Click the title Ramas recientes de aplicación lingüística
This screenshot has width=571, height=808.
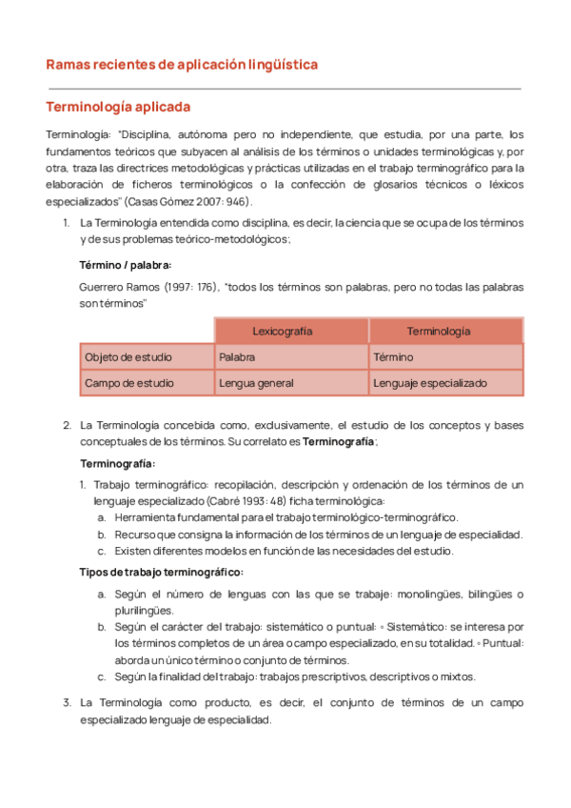pyautogui.click(x=182, y=65)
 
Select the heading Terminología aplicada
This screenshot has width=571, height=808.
pyautogui.click(x=118, y=107)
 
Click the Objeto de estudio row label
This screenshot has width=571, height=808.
pyautogui.click(x=128, y=357)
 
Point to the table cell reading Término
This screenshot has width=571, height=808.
pyautogui.click(x=393, y=357)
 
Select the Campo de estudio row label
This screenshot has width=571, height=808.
pyautogui.click(x=128, y=383)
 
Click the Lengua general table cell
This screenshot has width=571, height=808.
pyautogui.click(x=256, y=383)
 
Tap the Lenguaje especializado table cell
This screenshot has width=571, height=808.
pyautogui.click(x=430, y=383)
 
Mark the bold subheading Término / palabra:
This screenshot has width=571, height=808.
pyautogui.click(x=125, y=264)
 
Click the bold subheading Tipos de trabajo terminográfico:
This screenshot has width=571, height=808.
pyautogui.click(x=161, y=572)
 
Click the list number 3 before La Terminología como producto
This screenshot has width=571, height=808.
pyautogui.click(x=67, y=702)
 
